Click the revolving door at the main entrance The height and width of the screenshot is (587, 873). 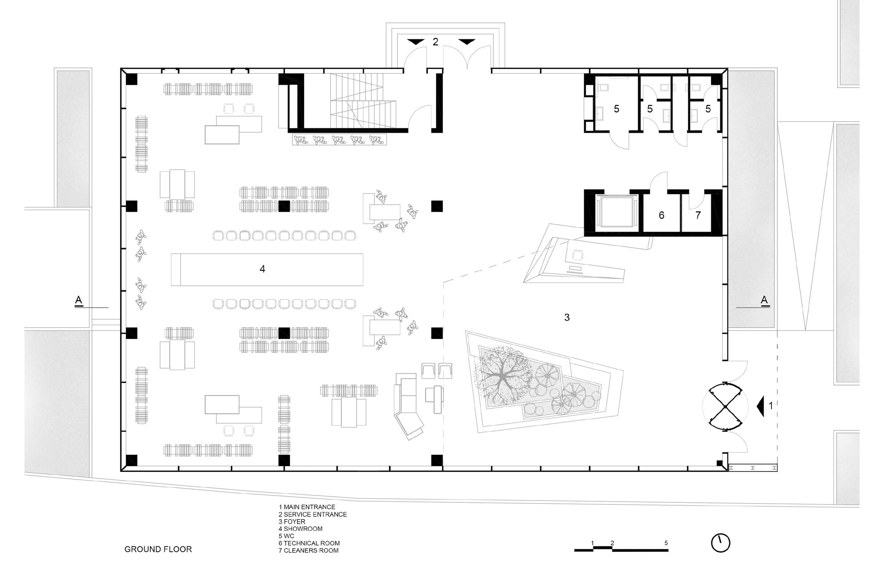[x=725, y=406]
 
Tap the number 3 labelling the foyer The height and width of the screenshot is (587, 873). [x=567, y=317]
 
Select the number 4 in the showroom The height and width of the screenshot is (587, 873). [x=262, y=269]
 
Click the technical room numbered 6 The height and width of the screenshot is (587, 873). [x=661, y=215]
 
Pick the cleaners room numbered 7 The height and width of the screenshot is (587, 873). [x=698, y=215]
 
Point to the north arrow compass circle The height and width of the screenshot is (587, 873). [x=720, y=543]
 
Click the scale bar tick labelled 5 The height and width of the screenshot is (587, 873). [x=666, y=543]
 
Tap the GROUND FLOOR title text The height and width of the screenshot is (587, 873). [x=158, y=549]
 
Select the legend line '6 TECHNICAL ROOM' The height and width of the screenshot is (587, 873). [x=309, y=543]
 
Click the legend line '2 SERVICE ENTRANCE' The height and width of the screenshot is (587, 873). [x=312, y=514]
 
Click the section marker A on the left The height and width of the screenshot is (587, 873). [x=78, y=300]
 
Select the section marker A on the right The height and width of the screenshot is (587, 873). [x=764, y=300]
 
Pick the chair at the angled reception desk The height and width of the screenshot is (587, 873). [x=578, y=255]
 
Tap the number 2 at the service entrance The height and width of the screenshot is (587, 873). [x=435, y=42]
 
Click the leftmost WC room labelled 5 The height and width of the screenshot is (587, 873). [x=616, y=109]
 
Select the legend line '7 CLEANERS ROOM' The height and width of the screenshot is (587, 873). [x=308, y=551]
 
